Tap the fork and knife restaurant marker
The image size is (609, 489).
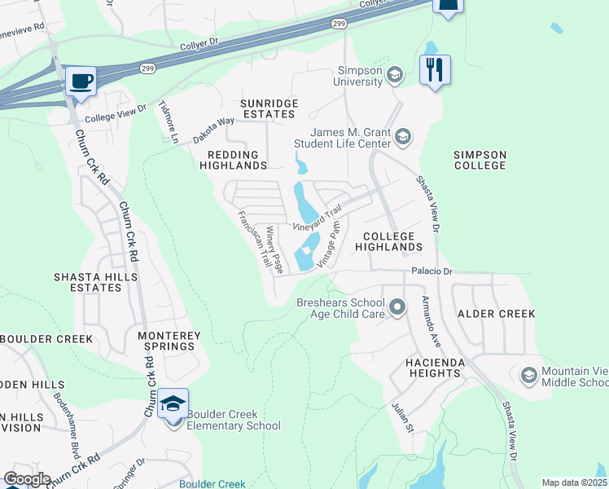(435, 69)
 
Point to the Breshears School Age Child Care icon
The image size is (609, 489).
(397, 307)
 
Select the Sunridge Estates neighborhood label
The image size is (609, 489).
(269, 109)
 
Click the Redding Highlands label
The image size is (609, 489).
(234, 159)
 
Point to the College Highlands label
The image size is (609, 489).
(387, 240)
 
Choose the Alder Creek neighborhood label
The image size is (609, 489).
(496, 314)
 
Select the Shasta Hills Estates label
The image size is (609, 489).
(88, 282)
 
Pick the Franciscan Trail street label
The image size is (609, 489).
(253, 238)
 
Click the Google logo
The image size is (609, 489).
(27, 479)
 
